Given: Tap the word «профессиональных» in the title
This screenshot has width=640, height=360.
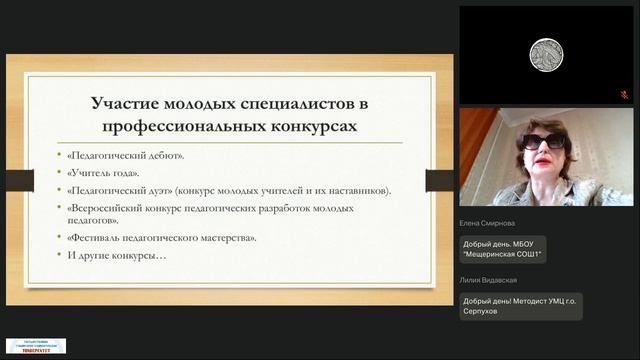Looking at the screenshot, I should point(179,127).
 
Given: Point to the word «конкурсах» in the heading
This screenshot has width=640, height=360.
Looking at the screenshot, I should point(307,127).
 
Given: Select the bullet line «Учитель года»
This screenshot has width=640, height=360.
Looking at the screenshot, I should point(107,173).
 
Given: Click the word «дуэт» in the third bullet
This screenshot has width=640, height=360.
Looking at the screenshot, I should point(178,191).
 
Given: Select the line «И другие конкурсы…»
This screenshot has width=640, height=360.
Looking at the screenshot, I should point(118,256).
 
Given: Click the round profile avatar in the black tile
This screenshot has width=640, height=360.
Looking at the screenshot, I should point(543,53).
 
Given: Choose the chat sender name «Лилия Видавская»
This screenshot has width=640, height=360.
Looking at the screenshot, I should point(495,281).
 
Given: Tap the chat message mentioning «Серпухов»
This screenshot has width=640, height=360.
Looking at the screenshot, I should point(520,306).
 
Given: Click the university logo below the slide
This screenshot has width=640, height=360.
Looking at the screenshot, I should point(36,345).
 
